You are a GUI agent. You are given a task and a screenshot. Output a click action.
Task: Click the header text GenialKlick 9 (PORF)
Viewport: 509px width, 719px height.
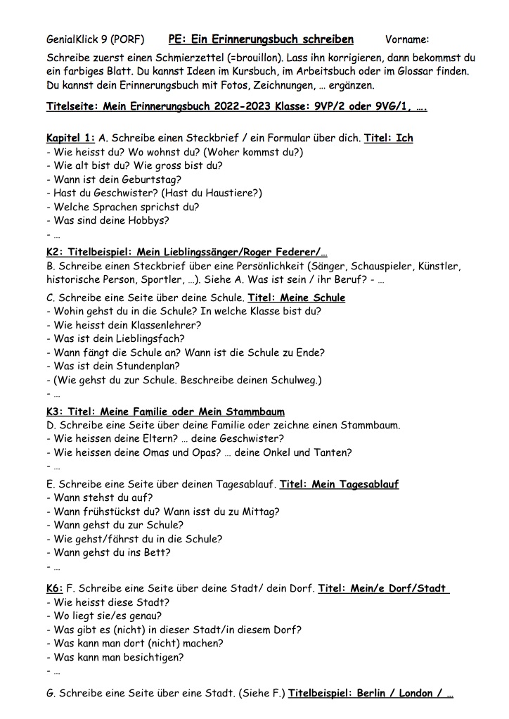click(x=95, y=39)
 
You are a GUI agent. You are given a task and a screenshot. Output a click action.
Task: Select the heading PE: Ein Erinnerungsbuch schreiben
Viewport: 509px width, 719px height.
click(x=261, y=39)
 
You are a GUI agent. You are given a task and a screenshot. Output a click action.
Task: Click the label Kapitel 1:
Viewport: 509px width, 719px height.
click(x=70, y=138)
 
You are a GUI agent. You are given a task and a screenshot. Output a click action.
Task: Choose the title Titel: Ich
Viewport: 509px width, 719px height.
click(x=388, y=138)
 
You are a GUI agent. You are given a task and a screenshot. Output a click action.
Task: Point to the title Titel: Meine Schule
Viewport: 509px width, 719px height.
click(x=296, y=298)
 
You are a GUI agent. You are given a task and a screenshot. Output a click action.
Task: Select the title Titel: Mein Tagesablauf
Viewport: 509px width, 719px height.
click(x=339, y=485)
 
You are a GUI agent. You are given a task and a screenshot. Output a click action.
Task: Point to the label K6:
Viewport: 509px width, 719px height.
click(x=55, y=588)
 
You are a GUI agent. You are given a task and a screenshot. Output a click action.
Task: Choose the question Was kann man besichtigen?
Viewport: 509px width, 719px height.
click(x=115, y=657)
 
